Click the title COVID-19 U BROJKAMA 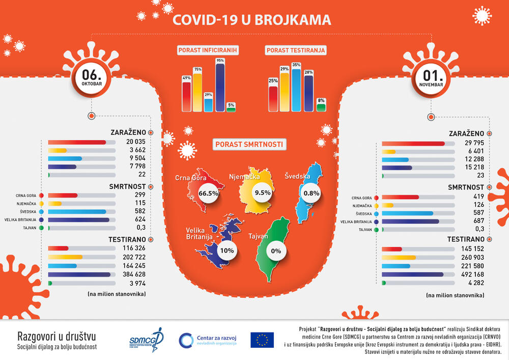(252, 20)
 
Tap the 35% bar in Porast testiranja (296, 91)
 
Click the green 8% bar (321, 107)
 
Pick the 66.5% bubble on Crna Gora (209, 193)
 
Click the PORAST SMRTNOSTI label (249, 145)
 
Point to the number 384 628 (134, 274)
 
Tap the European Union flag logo (262, 339)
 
